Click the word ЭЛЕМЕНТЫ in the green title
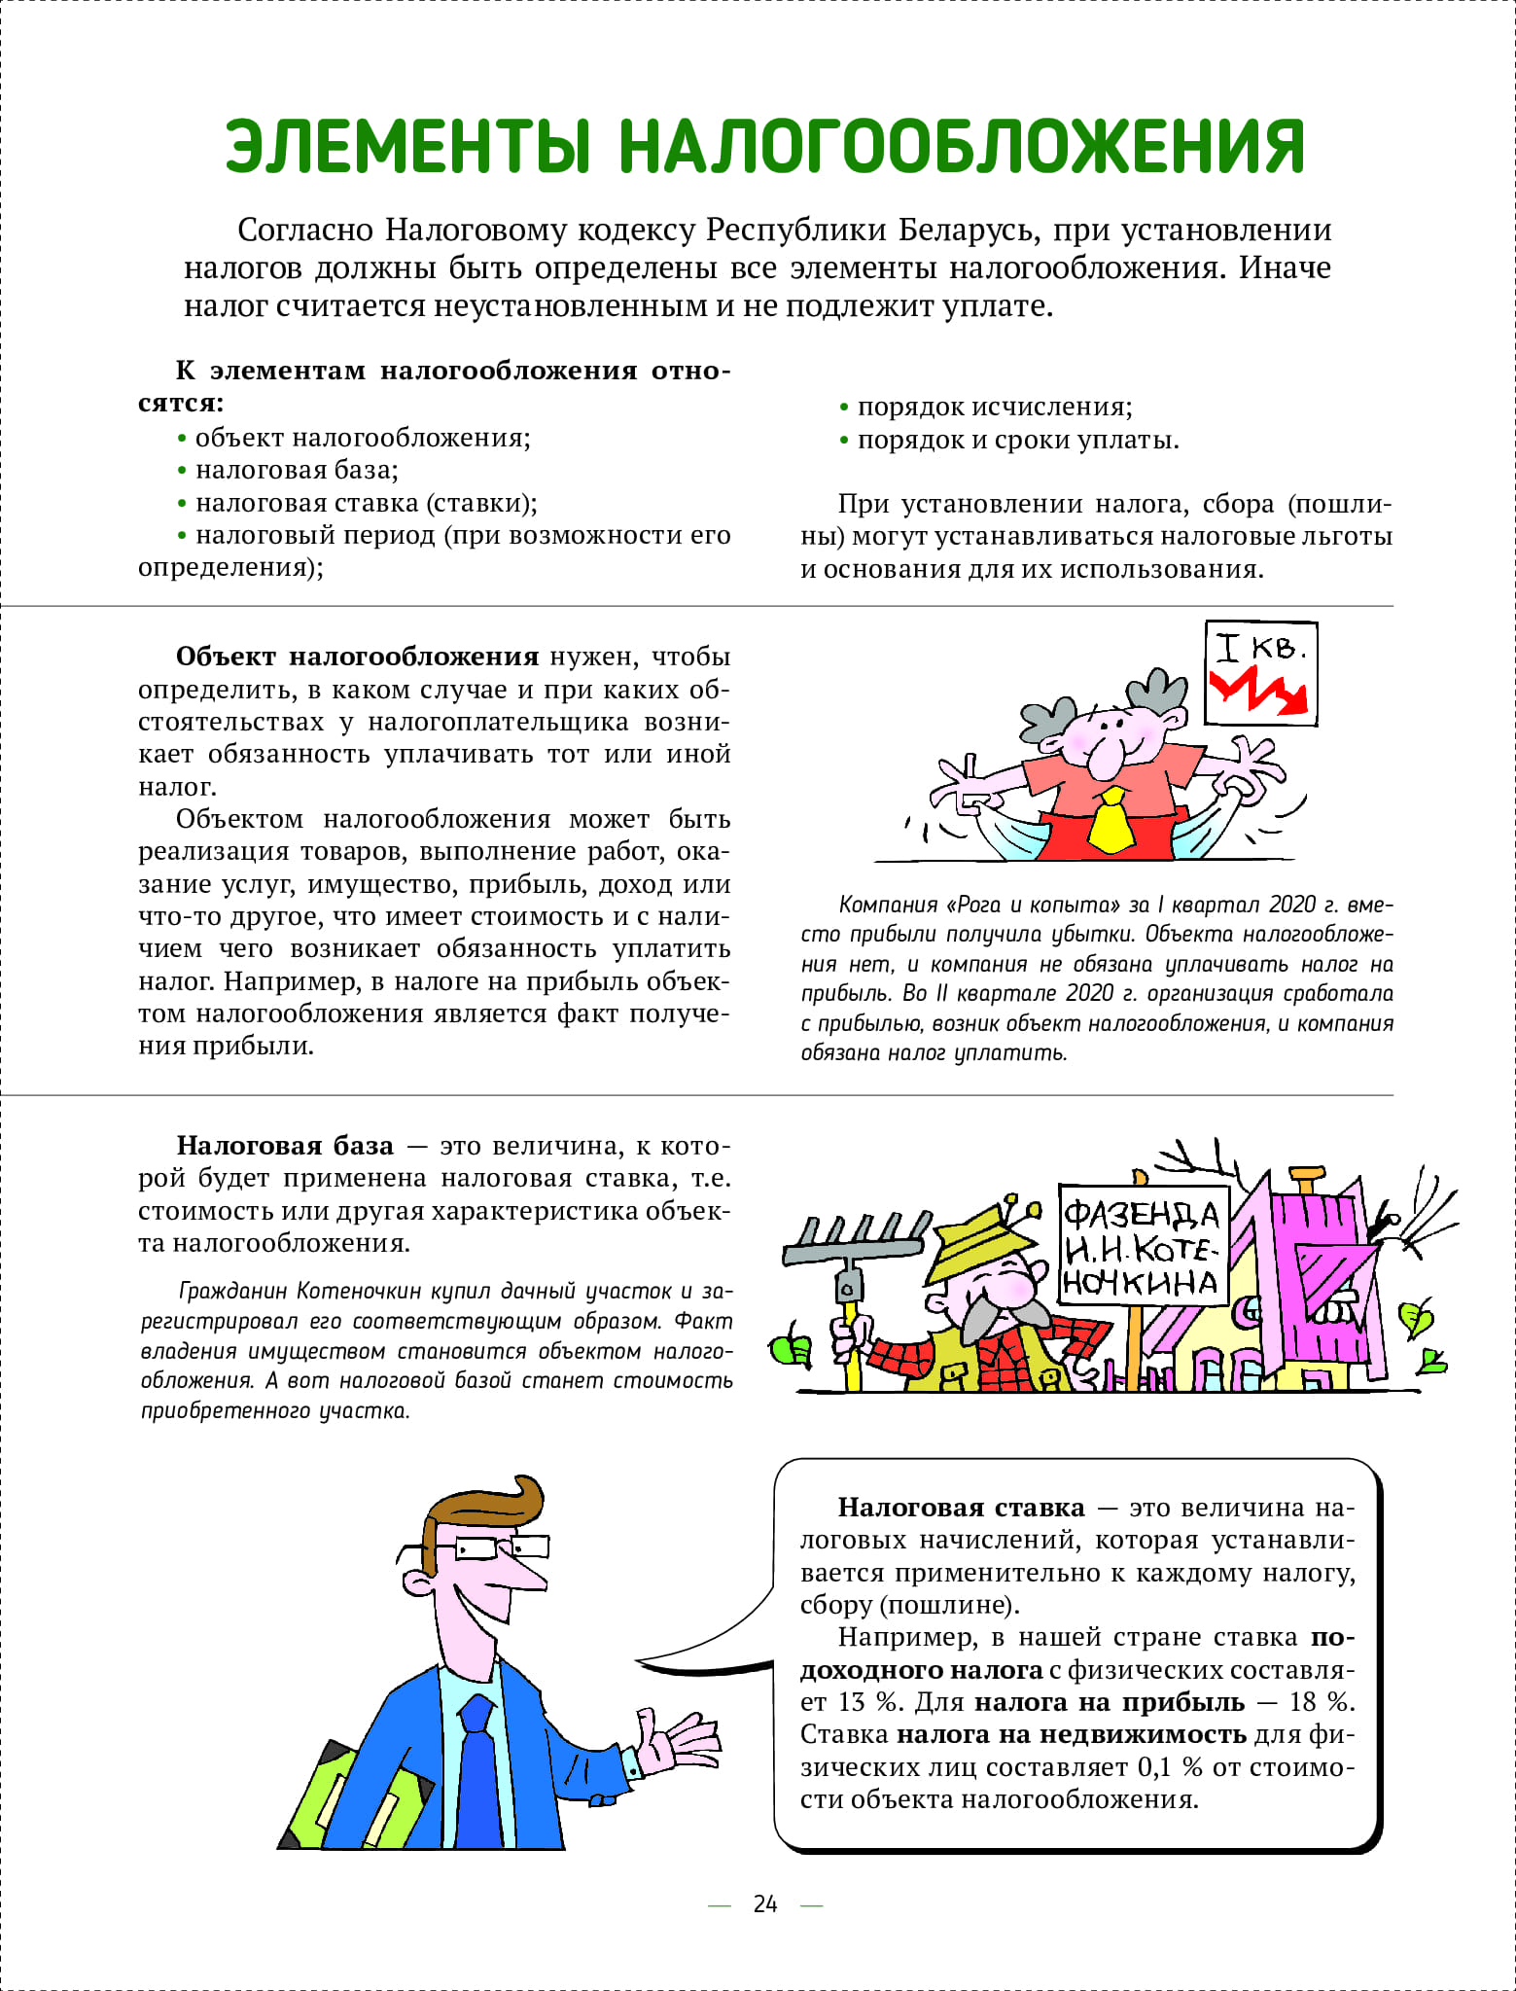[408, 147]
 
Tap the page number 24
[765, 1903]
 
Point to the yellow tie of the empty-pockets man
[1111, 823]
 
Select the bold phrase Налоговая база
[285, 1146]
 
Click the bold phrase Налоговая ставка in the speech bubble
[961, 1508]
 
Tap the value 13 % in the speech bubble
[867, 1702]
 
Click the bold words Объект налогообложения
[357, 657]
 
